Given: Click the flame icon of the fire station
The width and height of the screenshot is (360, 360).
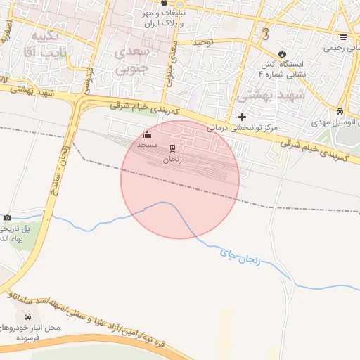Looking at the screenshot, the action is tap(282, 53).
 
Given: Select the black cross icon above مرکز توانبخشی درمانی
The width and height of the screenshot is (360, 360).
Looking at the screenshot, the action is tap(243, 117).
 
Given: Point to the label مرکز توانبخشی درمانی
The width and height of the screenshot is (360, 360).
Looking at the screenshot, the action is tap(243, 129).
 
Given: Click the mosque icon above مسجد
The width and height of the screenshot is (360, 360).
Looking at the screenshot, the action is tap(147, 134).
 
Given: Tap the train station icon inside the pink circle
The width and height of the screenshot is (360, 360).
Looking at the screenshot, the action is tap(172, 148).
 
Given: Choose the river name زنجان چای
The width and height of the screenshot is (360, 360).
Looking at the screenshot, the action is tap(240, 257).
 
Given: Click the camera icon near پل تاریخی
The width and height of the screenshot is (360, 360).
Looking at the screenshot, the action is tap(7, 218).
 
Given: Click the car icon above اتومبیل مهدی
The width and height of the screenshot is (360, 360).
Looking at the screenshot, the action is tap(340, 112).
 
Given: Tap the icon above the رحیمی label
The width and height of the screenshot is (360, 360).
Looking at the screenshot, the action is tap(343, 37).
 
